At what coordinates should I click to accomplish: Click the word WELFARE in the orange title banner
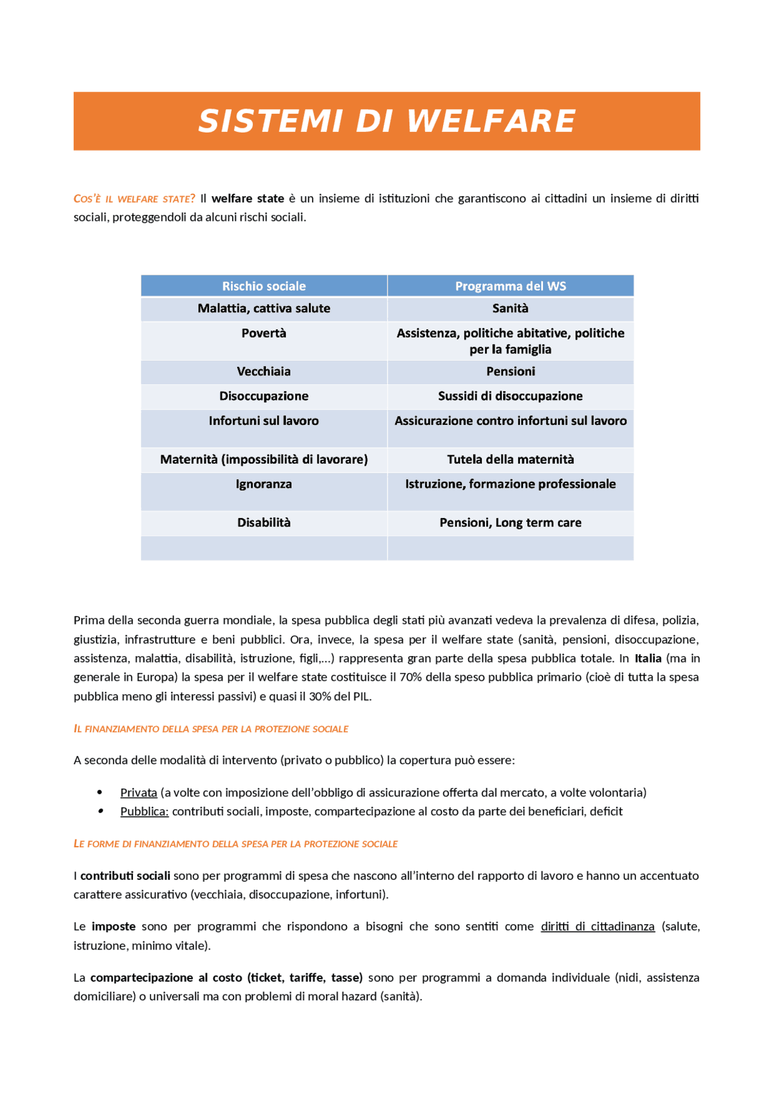(490, 121)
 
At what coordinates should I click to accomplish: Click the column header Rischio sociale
(264, 286)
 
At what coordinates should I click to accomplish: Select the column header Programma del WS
(510, 286)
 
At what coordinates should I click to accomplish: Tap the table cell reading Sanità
(510, 309)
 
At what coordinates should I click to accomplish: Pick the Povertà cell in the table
(264, 333)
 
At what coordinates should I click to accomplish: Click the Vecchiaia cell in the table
(264, 372)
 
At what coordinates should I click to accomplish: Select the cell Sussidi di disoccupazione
(510, 396)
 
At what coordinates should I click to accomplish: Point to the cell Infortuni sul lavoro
(264, 421)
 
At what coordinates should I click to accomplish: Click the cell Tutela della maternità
(510, 460)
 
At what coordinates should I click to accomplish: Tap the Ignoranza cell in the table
(264, 484)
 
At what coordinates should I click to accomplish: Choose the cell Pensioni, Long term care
(510, 523)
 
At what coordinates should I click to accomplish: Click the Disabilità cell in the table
(264, 523)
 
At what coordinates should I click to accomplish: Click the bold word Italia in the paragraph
(648, 658)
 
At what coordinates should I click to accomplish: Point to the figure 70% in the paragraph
(411, 677)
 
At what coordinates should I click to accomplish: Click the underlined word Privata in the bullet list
(138, 793)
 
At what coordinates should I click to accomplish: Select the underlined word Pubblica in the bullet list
(144, 812)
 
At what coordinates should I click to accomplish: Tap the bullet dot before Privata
(100, 792)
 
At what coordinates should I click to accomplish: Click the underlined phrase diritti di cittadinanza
(597, 927)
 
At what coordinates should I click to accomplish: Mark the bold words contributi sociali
(125, 876)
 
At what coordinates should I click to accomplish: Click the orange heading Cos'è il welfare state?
(134, 199)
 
